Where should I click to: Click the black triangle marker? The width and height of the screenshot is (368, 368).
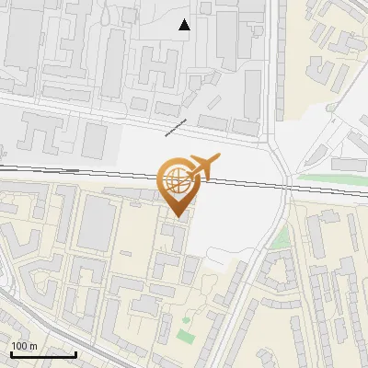185,25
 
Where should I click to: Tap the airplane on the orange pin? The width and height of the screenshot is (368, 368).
203,167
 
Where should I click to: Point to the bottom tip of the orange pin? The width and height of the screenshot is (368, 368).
177,216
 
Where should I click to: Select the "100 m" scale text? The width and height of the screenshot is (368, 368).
23,346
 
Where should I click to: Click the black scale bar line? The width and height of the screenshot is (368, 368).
43,354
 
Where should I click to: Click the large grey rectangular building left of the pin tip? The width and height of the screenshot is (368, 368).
96,223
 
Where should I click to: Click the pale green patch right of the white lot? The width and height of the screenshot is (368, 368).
280,240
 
